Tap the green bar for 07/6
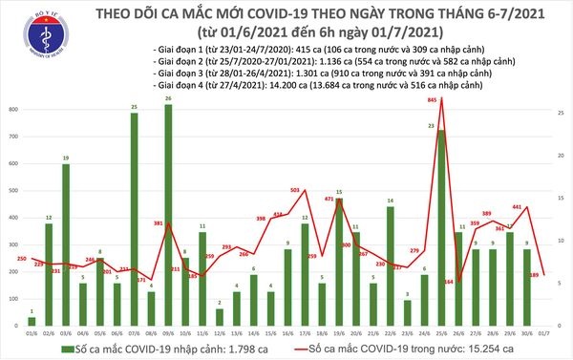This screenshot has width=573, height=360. pos(135,221)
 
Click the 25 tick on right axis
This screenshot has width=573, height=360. pos(562,111)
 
